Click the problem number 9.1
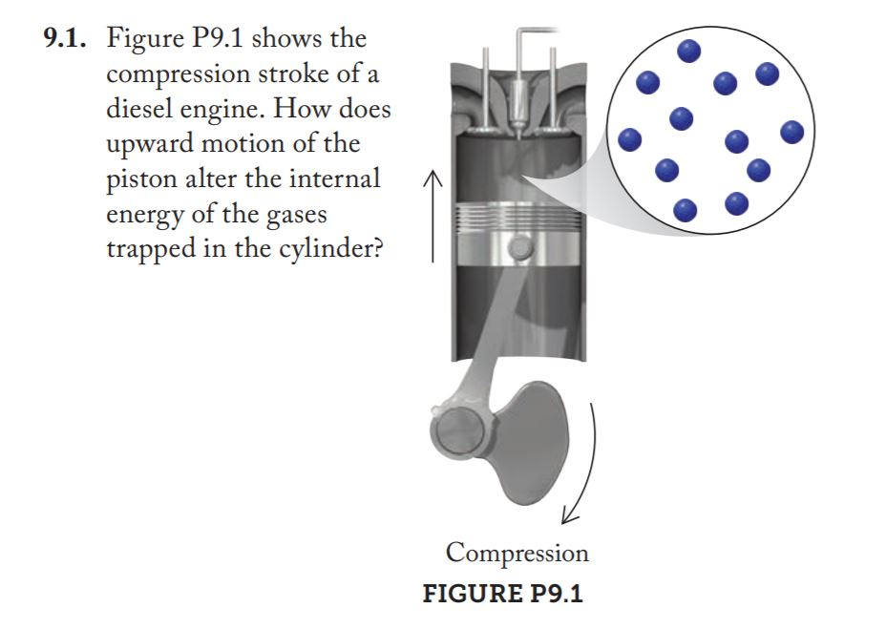pos(66,42)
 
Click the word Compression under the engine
pos(517,553)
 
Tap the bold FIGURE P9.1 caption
pos(502,593)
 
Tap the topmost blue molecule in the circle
pos(687,49)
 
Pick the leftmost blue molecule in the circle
pos(629,139)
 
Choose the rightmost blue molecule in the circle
pos(792,132)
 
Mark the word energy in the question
pos(146,216)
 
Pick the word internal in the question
pos(326,179)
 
